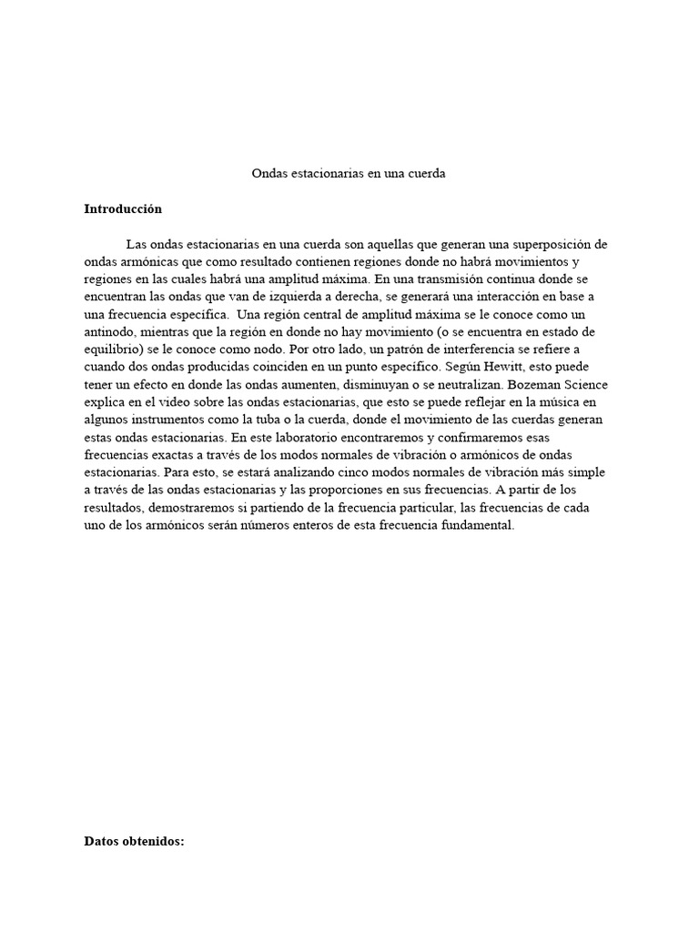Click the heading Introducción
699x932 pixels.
(x=123, y=208)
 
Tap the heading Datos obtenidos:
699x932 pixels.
(x=134, y=841)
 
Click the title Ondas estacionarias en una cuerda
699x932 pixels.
(x=349, y=173)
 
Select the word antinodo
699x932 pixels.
(x=108, y=327)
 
